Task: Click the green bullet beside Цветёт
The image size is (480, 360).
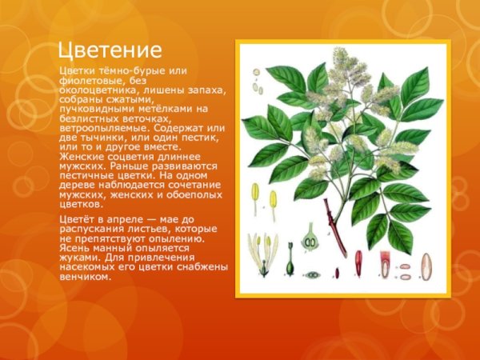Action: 56,218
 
